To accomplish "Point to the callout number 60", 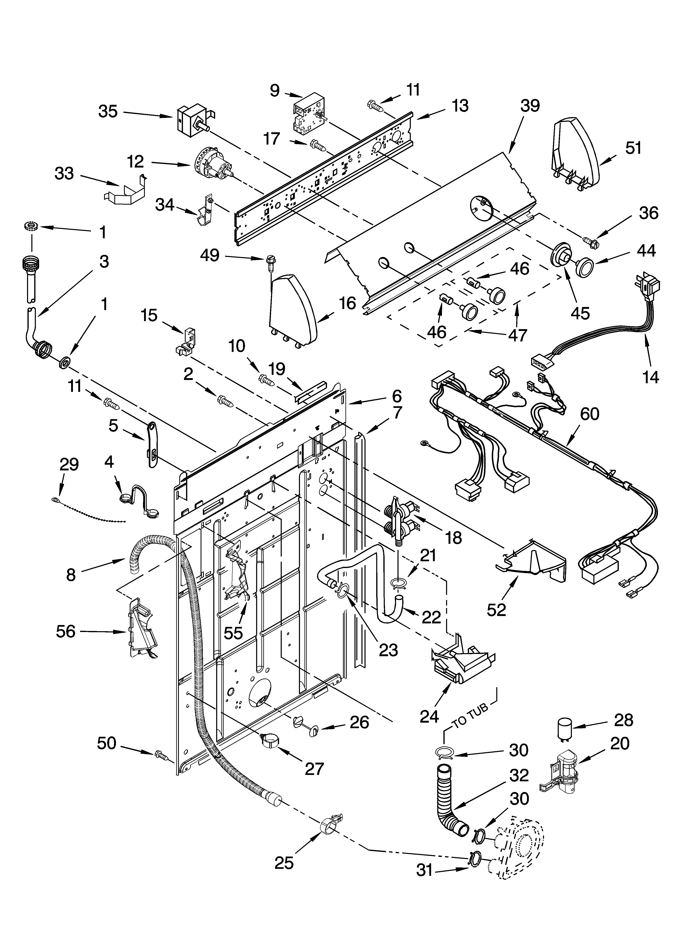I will [x=589, y=414].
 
